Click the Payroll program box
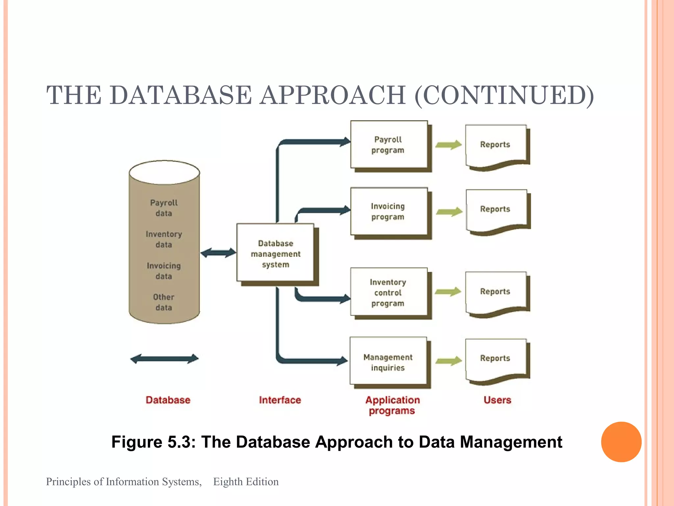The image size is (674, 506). click(389, 145)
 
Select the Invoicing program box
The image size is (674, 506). click(389, 211)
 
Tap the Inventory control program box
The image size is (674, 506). click(389, 293)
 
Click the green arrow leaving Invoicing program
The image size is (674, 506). click(449, 211)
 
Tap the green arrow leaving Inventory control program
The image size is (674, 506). click(448, 292)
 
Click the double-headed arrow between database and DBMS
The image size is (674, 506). click(218, 253)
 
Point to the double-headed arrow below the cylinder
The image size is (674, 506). click(165, 359)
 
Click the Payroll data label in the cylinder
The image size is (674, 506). click(164, 208)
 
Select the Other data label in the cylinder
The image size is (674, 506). click(164, 302)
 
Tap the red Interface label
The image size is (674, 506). click(280, 400)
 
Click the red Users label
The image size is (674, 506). click(497, 400)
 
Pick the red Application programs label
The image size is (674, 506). click(392, 405)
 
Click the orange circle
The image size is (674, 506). click(621, 442)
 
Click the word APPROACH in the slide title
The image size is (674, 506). click(333, 95)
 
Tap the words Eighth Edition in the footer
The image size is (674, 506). click(246, 482)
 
